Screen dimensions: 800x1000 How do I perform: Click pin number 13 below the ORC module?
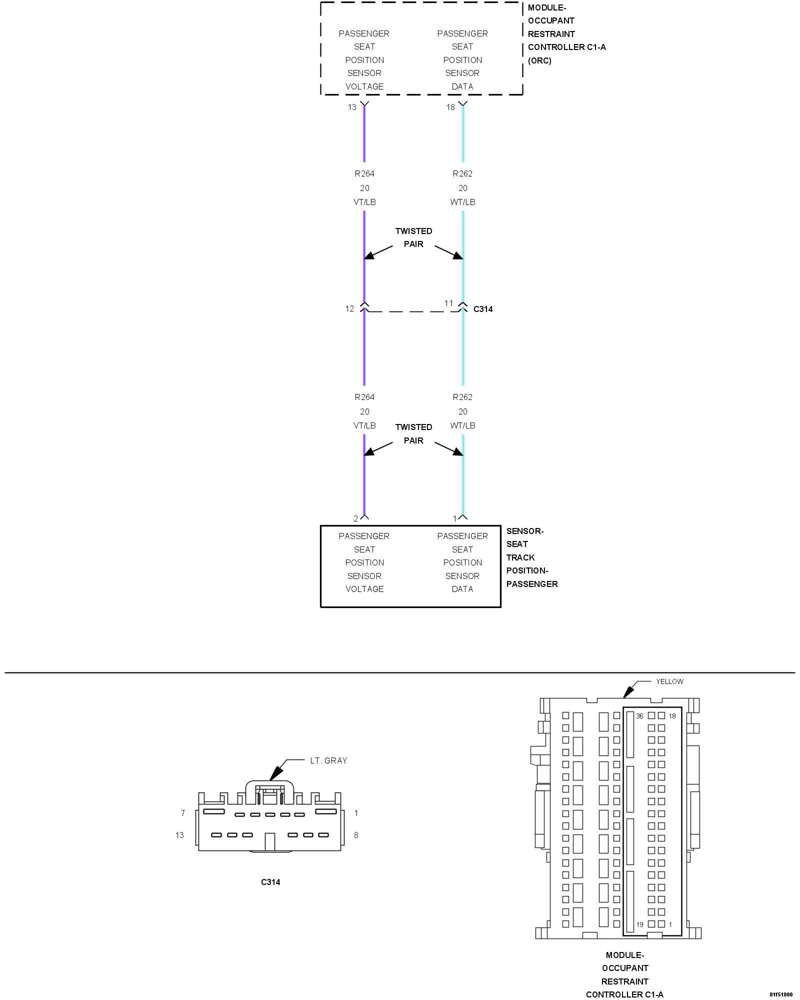tap(352, 107)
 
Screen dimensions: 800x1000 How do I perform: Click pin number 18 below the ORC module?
tap(450, 107)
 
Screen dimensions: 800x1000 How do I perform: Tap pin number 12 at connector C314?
tap(349, 308)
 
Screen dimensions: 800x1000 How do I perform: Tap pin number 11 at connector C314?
tap(448, 303)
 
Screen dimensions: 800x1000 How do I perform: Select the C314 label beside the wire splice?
tap(482, 309)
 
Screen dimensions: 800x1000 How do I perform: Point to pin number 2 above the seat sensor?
tap(355, 518)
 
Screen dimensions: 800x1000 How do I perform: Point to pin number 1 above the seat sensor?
tap(454, 518)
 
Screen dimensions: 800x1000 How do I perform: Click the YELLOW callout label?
tap(669, 681)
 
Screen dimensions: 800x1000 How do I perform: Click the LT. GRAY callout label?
tap(328, 760)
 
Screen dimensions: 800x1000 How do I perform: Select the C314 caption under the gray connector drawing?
tap(270, 882)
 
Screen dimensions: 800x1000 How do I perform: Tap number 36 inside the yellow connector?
tap(639, 716)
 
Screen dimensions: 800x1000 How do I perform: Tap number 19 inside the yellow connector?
tap(639, 924)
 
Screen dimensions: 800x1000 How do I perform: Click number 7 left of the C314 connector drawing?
tap(183, 813)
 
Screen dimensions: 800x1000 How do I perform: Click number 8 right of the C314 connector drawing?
tap(356, 835)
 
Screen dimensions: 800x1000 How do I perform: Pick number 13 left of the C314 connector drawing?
tap(179, 835)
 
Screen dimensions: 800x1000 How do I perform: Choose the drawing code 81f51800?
tap(780, 994)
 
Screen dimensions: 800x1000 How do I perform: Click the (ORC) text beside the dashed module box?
tap(539, 60)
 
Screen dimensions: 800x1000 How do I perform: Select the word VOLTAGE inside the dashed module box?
tap(364, 86)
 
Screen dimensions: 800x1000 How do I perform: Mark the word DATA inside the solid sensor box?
tap(462, 589)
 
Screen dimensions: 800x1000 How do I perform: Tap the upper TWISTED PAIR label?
tap(413, 237)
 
